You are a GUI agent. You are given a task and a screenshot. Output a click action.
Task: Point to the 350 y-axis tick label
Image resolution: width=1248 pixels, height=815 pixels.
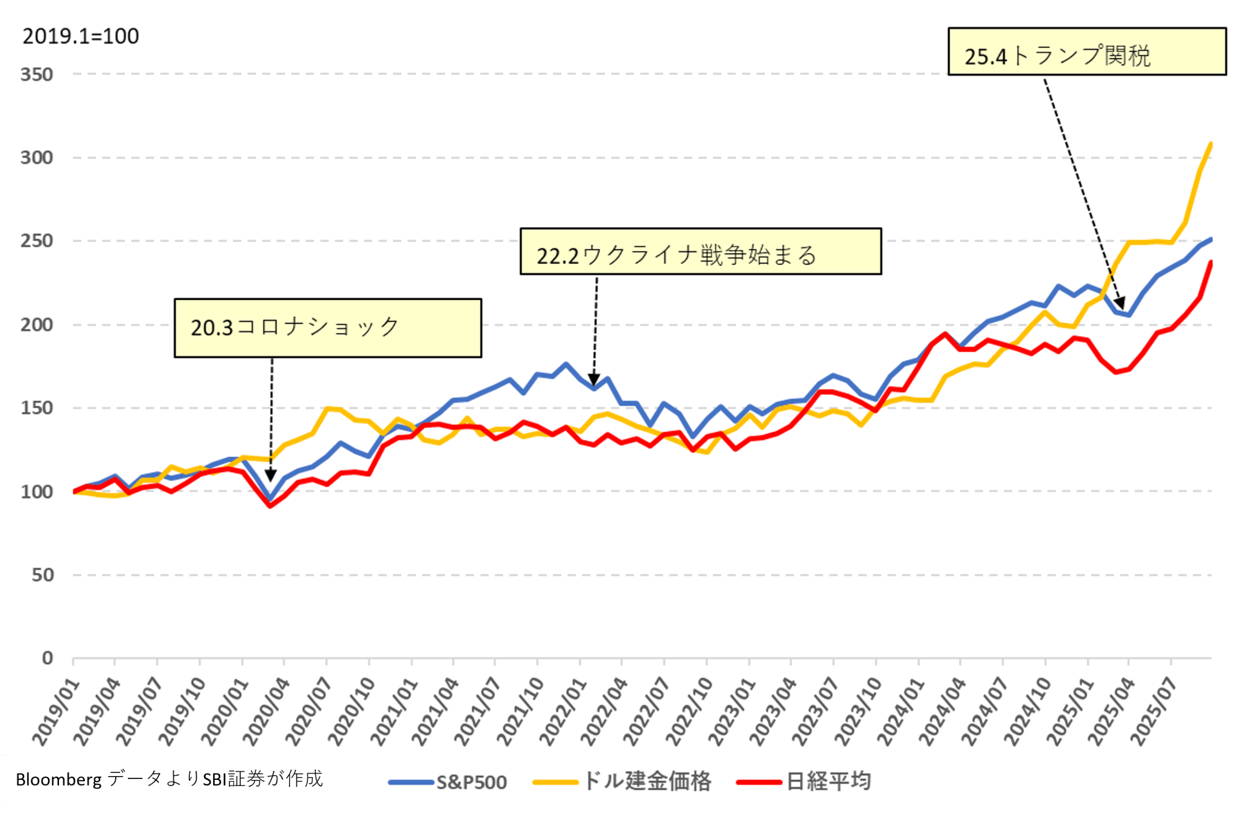pos(37,75)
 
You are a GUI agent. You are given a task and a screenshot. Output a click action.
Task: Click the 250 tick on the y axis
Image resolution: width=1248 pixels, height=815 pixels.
pos(37,241)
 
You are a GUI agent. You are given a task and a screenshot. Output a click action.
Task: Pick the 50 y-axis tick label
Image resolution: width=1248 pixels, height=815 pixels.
pos(42,575)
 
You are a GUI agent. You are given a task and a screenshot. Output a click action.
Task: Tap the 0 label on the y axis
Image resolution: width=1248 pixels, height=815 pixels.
pos(48,658)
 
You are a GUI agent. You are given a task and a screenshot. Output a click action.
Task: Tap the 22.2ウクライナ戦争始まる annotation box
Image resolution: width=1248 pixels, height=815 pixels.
pos(701,251)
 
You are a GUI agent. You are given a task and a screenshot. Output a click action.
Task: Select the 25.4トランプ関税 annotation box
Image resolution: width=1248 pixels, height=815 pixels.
pos(1087,51)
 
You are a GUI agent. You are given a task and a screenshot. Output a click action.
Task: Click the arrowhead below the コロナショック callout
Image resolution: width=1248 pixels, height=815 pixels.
pos(271,475)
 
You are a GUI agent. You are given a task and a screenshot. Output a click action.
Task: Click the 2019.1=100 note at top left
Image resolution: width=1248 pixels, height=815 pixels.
pos(81,36)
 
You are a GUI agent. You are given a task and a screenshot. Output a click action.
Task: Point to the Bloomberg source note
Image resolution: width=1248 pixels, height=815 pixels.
pos(169,779)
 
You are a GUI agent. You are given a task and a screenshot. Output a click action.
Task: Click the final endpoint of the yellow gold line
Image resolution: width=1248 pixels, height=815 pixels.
pos(1211,144)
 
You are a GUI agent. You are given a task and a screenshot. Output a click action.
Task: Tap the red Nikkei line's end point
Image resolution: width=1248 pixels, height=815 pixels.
pos(1211,262)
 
